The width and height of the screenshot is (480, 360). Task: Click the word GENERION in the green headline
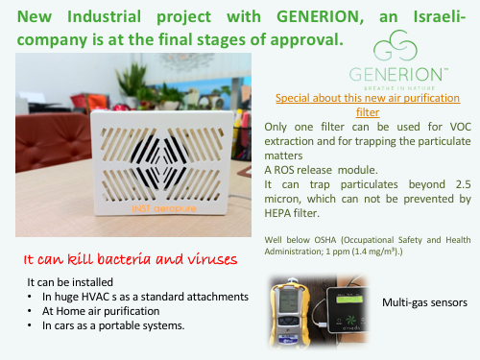pos(320,16)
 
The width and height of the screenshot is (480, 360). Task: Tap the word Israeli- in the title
pos(440,16)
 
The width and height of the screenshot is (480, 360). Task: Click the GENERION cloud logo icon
pos(396,45)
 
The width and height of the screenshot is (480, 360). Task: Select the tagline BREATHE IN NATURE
pos(399,88)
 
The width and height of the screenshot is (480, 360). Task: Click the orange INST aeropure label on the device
pos(164,208)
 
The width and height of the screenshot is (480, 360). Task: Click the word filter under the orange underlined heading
pos(368,112)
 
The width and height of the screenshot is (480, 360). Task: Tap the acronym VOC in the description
pos(461,127)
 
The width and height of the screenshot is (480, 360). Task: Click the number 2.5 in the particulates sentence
pos(464,184)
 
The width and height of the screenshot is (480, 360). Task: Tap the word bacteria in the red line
pos(124,258)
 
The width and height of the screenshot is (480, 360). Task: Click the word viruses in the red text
pos(212,259)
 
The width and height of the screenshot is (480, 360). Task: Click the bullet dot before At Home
pos(30,311)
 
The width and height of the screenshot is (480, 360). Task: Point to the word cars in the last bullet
pos(64,325)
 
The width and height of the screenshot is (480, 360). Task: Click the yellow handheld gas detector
pos(291,313)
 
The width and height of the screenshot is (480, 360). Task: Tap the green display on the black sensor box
pos(349,300)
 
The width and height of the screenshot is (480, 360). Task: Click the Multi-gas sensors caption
pos(424,302)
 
